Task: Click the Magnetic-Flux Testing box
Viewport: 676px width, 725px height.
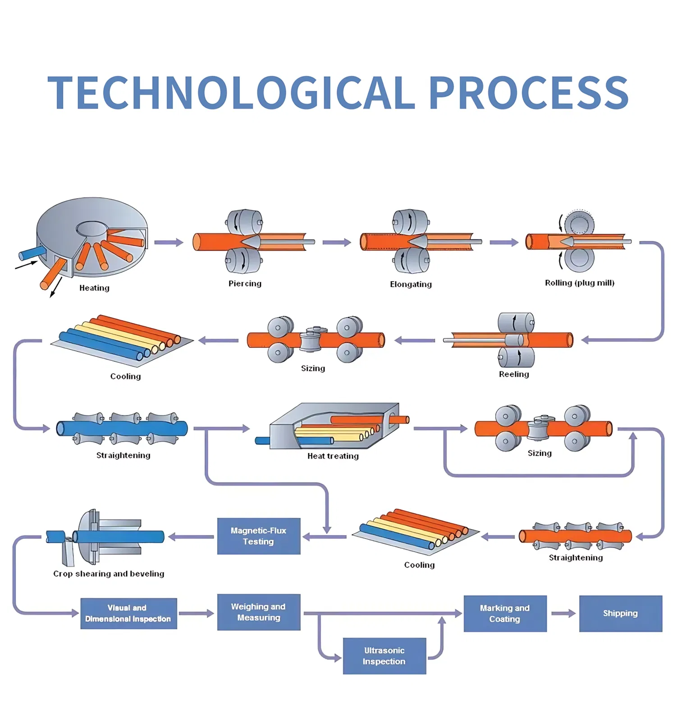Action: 259,536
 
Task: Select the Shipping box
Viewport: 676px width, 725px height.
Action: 621,613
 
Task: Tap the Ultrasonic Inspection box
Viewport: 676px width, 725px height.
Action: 384,656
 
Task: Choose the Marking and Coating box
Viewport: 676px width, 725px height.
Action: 505,614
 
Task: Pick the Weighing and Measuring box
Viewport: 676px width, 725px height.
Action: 259,612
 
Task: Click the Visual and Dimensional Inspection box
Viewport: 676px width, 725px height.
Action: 128,614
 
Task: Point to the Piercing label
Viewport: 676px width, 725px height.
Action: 245,284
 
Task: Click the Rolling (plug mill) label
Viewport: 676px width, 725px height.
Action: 580,283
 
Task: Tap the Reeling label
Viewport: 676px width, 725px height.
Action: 514,374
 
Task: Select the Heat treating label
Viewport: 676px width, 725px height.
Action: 333,456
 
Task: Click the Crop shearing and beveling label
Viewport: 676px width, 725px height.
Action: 109,574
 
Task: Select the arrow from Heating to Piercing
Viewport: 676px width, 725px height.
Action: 169,243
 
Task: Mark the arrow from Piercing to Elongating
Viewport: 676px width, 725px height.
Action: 336,243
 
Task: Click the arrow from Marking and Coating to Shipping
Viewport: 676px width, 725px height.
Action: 563,613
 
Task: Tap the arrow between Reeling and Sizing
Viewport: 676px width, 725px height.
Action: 415,340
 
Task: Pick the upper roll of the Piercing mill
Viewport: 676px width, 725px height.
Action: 244,221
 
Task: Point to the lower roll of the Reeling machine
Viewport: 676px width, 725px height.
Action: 516,358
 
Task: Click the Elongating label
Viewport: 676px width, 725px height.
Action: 411,284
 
